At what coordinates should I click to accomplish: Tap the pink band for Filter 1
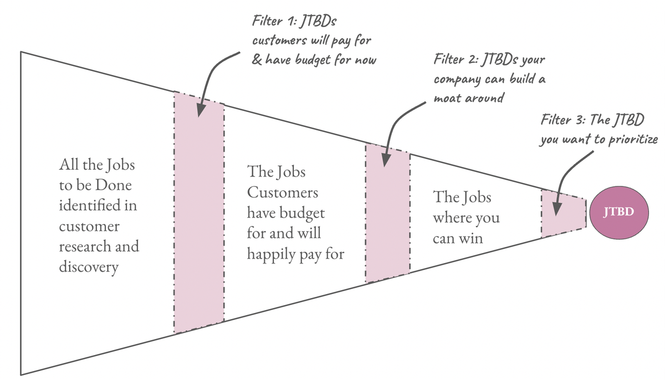point(199,222)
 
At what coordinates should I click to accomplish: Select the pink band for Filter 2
point(387,222)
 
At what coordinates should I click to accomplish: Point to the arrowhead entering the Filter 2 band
point(383,161)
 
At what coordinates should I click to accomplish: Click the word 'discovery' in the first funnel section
point(89,268)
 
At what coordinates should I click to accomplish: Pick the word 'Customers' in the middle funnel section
point(283,192)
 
